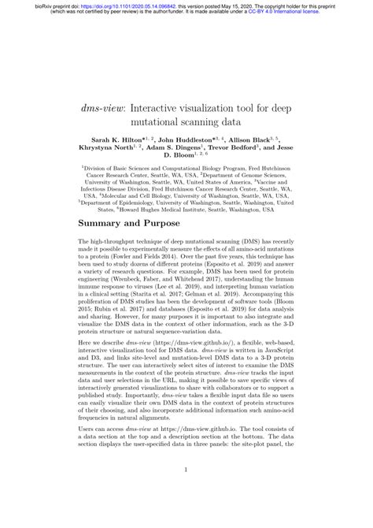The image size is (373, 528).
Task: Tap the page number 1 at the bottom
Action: pos(186,494)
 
